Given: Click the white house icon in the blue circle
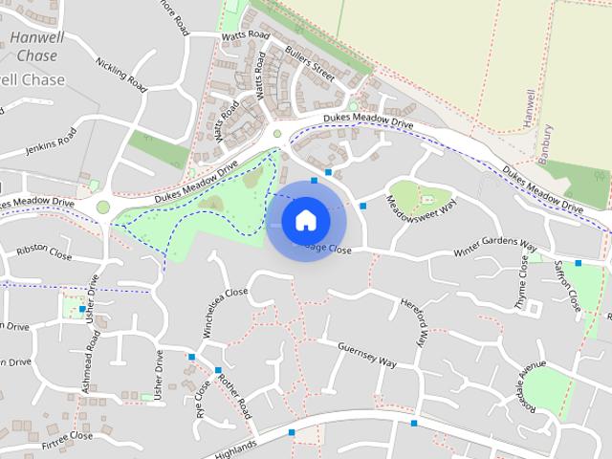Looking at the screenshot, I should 305,220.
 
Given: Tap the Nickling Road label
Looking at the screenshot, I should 121,75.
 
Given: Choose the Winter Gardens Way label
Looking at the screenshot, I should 494,251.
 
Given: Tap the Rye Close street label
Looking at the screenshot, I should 203,401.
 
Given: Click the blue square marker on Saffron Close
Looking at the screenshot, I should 579,263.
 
